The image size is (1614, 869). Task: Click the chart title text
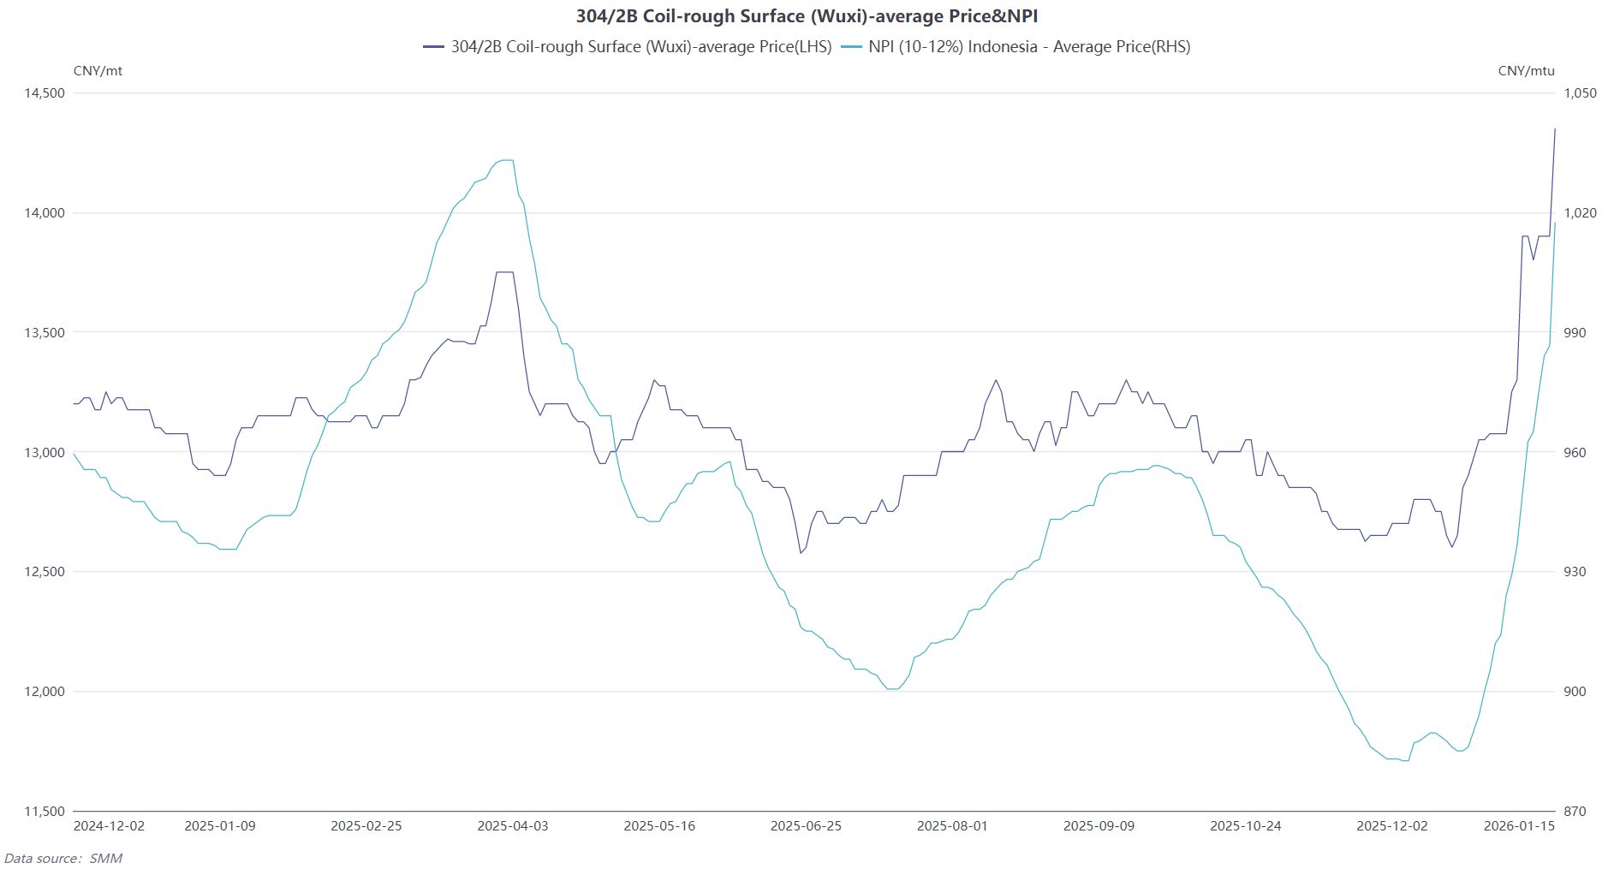tap(807, 16)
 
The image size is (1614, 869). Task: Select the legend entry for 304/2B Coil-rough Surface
tap(640, 47)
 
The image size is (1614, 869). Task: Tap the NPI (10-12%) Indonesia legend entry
tap(1028, 47)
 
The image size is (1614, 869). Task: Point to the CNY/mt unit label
tap(98, 71)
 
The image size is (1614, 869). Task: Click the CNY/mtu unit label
tap(1526, 71)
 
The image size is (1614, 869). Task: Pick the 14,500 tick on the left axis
tap(45, 93)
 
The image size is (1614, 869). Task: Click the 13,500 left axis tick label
tap(45, 333)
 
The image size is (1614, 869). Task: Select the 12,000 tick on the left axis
tap(45, 692)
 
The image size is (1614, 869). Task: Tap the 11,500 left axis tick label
tap(45, 812)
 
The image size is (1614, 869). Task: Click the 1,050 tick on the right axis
tap(1580, 93)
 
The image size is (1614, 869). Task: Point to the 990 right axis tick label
tap(1575, 333)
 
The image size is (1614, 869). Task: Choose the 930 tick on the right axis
tap(1575, 572)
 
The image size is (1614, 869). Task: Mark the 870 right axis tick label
tap(1575, 812)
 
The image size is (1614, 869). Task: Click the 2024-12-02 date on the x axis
tap(109, 826)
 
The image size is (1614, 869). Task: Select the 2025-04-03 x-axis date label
tap(512, 826)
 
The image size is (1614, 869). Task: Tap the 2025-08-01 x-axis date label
tap(952, 826)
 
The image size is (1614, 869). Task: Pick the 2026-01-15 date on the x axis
tap(1519, 826)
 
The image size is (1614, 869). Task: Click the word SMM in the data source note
tap(106, 859)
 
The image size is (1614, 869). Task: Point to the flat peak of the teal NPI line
tap(506, 160)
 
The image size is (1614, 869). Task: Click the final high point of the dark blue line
tap(1555, 129)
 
